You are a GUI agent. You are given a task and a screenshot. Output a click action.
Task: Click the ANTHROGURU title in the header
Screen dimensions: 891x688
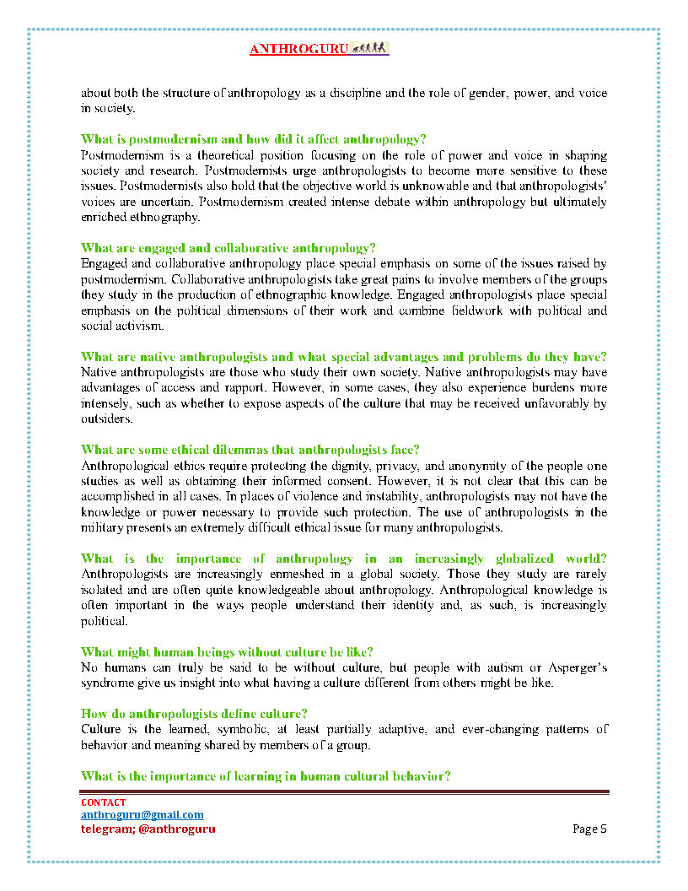[298, 50]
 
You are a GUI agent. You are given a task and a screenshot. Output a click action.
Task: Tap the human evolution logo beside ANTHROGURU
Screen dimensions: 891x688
[368, 48]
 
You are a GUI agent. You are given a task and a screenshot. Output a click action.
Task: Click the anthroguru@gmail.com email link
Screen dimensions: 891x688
[142, 815]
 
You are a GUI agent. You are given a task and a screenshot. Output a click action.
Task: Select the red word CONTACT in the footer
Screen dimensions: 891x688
[104, 802]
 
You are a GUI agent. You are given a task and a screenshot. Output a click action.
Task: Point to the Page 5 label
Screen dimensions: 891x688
[589, 829]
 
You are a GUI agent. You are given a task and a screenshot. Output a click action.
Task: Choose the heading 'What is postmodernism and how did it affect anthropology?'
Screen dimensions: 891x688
[253, 139]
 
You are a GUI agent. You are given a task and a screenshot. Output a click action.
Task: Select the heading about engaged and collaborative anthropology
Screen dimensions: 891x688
[228, 248]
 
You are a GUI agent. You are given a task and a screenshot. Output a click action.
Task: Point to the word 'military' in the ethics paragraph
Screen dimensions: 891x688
[99, 528]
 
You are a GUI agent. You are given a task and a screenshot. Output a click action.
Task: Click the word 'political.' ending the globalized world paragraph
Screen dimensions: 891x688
[104, 621]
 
